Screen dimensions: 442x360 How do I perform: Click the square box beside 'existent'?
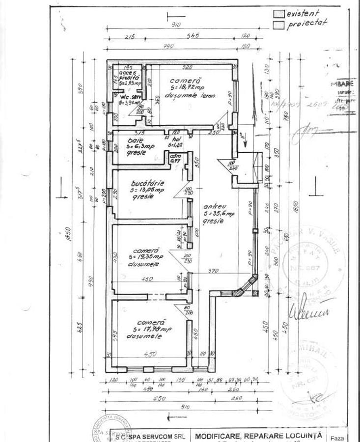click(279, 14)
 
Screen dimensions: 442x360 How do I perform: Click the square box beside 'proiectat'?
click(279, 23)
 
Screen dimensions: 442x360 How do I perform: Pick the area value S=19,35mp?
click(146, 257)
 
